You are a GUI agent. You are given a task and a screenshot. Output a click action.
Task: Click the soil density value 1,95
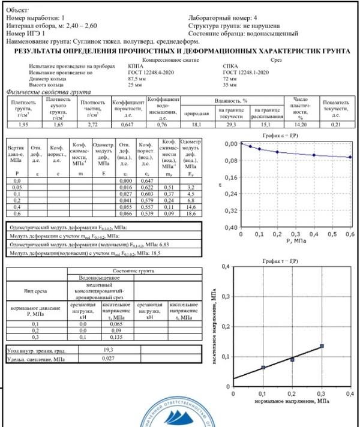[x=21, y=124]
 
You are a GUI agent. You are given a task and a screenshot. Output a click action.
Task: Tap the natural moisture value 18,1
[x=195, y=124]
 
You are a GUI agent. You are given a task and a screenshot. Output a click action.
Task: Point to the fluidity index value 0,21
[x=336, y=124]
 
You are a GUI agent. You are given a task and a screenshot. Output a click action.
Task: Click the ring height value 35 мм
[x=228, y=85]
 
